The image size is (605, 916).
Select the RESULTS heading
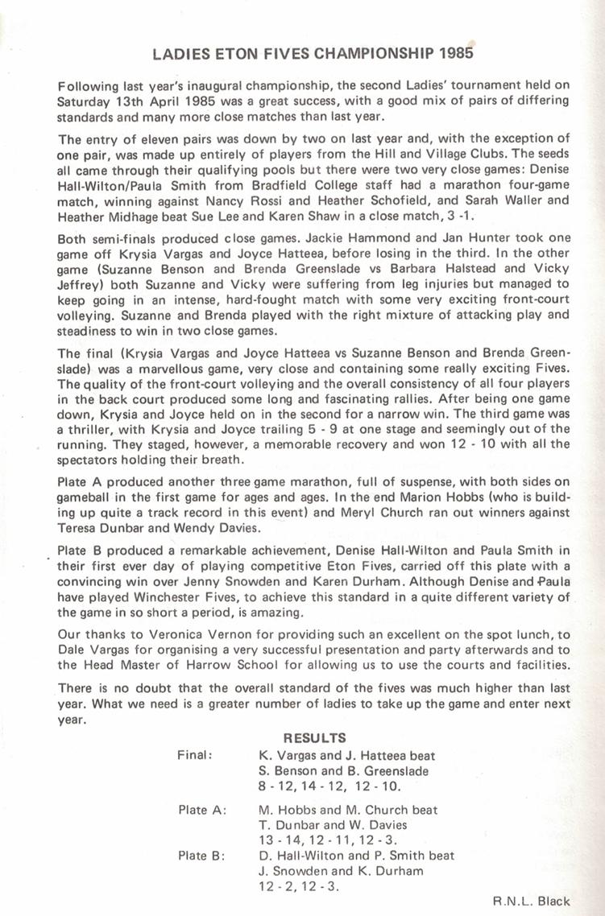coord(315,737)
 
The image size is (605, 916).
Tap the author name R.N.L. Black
coord(532,902)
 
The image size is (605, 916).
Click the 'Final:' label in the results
coord(195,755)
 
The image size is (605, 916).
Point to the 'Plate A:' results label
coord(202,810)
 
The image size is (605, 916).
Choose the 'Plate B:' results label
coord(201,856)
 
